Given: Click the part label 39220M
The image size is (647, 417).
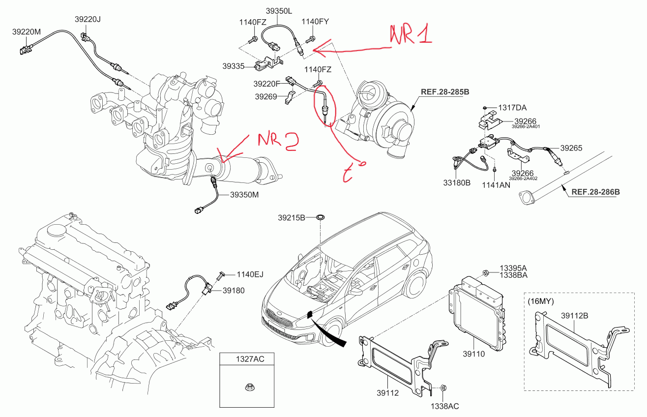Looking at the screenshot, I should point(26,31).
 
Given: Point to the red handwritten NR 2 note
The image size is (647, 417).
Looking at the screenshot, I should point(277,141).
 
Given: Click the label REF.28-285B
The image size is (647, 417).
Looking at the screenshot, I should point(444,91).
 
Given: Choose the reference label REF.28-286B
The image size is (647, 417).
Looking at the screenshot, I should point(595,192).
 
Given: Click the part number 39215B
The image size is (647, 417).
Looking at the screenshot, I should point(292,217).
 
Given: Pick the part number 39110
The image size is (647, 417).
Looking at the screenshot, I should point(473,354).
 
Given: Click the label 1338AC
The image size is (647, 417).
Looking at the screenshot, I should point(444,406).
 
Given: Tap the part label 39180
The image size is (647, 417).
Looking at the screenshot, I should point(233,291).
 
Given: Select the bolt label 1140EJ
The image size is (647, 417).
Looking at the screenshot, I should point(250,274).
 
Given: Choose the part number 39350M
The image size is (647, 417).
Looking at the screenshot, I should point(244,195).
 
